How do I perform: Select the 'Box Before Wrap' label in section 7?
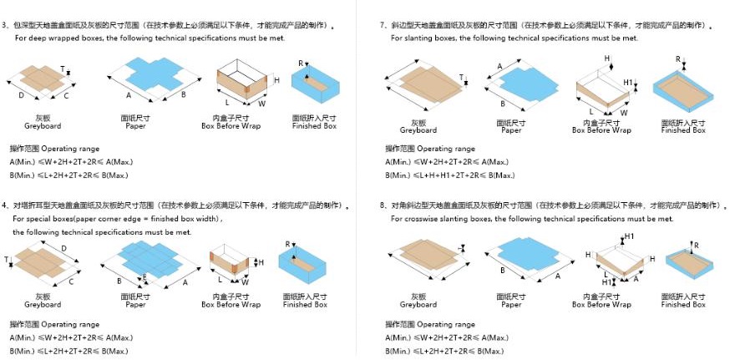click(x=601, y=130)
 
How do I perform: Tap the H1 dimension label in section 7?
click(x=627, y=83)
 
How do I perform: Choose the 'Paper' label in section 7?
click(x=511, y=130)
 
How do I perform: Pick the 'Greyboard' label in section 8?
click(x=418, y=305)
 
